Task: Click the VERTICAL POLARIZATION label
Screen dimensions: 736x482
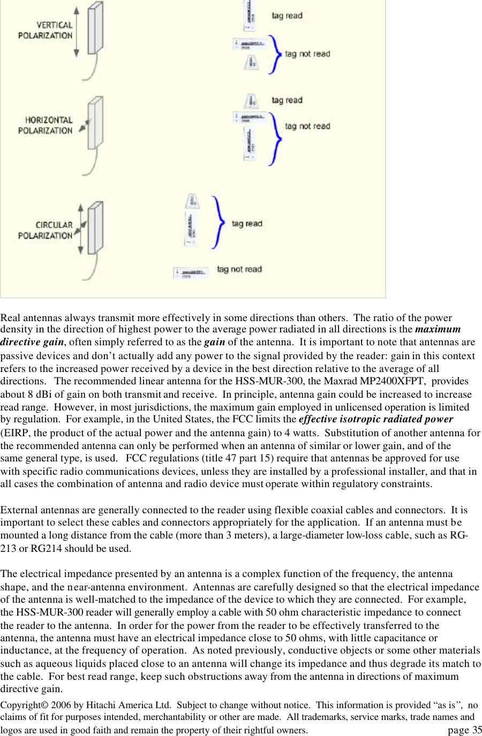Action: (x=45, y=31)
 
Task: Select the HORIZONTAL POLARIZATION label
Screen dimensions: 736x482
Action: (x=46, y=125)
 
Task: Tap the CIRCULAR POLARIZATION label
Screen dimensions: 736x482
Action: (x=46, y=230)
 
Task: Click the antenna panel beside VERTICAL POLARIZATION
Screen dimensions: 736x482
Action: (x=95, y=28)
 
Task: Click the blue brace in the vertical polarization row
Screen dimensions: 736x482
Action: (x=275, y=54)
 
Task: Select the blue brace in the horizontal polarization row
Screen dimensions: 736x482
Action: (x=275, y=138)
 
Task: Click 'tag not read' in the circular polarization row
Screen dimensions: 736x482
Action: (x=239, y=269)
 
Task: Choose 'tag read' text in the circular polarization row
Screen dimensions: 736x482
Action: (x=247, y=224)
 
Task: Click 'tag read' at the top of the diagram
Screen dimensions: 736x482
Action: (x=287, y=16)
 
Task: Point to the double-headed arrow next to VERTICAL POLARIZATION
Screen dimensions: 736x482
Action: (x=77, y=32)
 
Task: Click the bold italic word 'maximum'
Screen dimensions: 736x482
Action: (x=438, y=329)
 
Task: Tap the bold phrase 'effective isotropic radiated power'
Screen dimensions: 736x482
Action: (x=375, y=419)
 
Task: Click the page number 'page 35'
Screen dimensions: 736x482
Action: (x=464, y=730)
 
